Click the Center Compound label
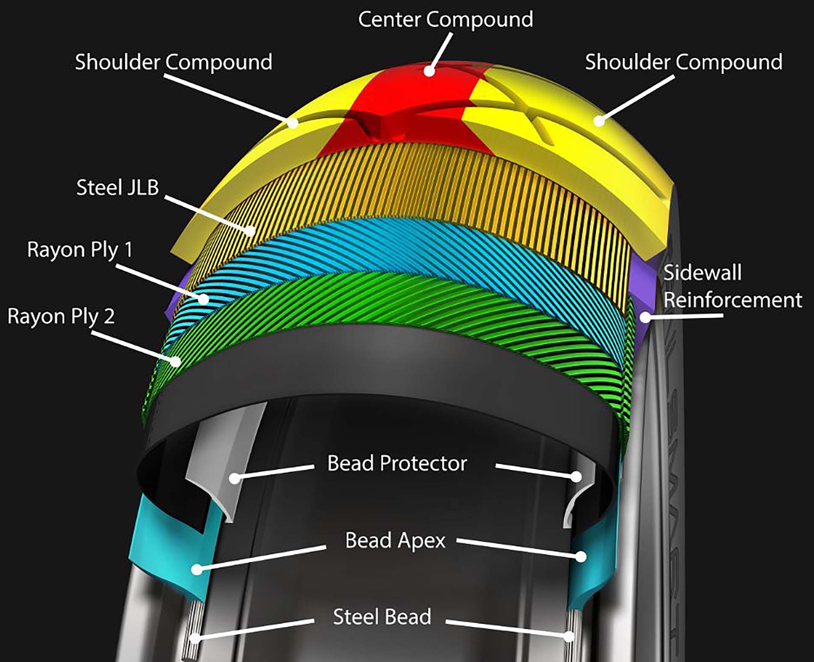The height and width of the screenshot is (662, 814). [445, 20]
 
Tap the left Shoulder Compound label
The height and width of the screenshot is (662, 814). [173, 62]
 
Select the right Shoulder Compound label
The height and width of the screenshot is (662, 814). [683, 62]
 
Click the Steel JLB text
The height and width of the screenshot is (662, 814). [117, 187]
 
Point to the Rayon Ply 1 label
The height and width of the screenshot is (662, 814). [80, 250]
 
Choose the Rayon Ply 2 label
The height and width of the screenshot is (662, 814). [61, 316]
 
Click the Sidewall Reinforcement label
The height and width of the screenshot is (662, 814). [732, 286]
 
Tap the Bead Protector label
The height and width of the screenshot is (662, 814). [397, 464]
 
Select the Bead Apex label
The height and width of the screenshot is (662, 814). [395, 541]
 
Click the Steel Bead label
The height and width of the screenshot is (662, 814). [382, 617]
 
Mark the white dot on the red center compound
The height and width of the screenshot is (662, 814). [429, 71]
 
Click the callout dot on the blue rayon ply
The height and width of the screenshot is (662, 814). [204, 299]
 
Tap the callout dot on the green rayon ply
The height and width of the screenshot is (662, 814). [175, 361]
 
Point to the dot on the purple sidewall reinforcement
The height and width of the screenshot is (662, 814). [645, 317]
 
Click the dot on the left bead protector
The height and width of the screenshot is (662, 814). [234, 478]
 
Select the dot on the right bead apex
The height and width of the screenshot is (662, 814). [581, 556]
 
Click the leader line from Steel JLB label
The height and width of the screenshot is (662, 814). [208, 214]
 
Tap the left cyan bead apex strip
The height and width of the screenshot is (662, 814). [170, 551]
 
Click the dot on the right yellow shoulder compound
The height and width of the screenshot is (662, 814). [599, 121]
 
